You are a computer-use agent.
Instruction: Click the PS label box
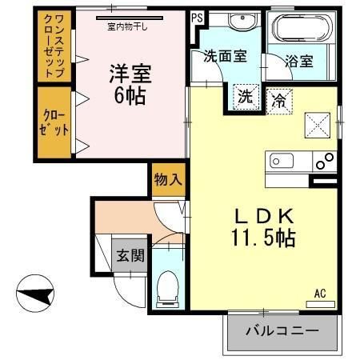click(197, 18)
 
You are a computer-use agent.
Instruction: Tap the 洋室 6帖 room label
click(130, 84)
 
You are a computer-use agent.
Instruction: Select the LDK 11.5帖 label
click(264, 227)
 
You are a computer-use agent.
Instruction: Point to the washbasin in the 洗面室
click(242, 21)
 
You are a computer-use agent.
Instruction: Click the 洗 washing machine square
click(246, 97)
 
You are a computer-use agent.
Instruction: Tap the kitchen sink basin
click(282, 161)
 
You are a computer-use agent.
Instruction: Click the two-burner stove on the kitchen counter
click(325, 162)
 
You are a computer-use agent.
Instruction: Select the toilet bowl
click(167, 289)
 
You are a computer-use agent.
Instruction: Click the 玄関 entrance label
click(130, 255)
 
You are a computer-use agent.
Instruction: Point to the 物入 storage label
click(168, 179)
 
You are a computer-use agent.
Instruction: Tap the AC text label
click(320, 294)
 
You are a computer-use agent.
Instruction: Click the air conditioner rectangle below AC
click(320, 304)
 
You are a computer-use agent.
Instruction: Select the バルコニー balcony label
click(282, 331)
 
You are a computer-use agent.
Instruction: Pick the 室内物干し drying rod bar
click(130, 18)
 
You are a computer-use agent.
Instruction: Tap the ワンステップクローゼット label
click(54, 46)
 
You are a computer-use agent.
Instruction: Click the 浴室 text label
click(299, 61)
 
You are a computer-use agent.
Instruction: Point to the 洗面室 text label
click(226, 56)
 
